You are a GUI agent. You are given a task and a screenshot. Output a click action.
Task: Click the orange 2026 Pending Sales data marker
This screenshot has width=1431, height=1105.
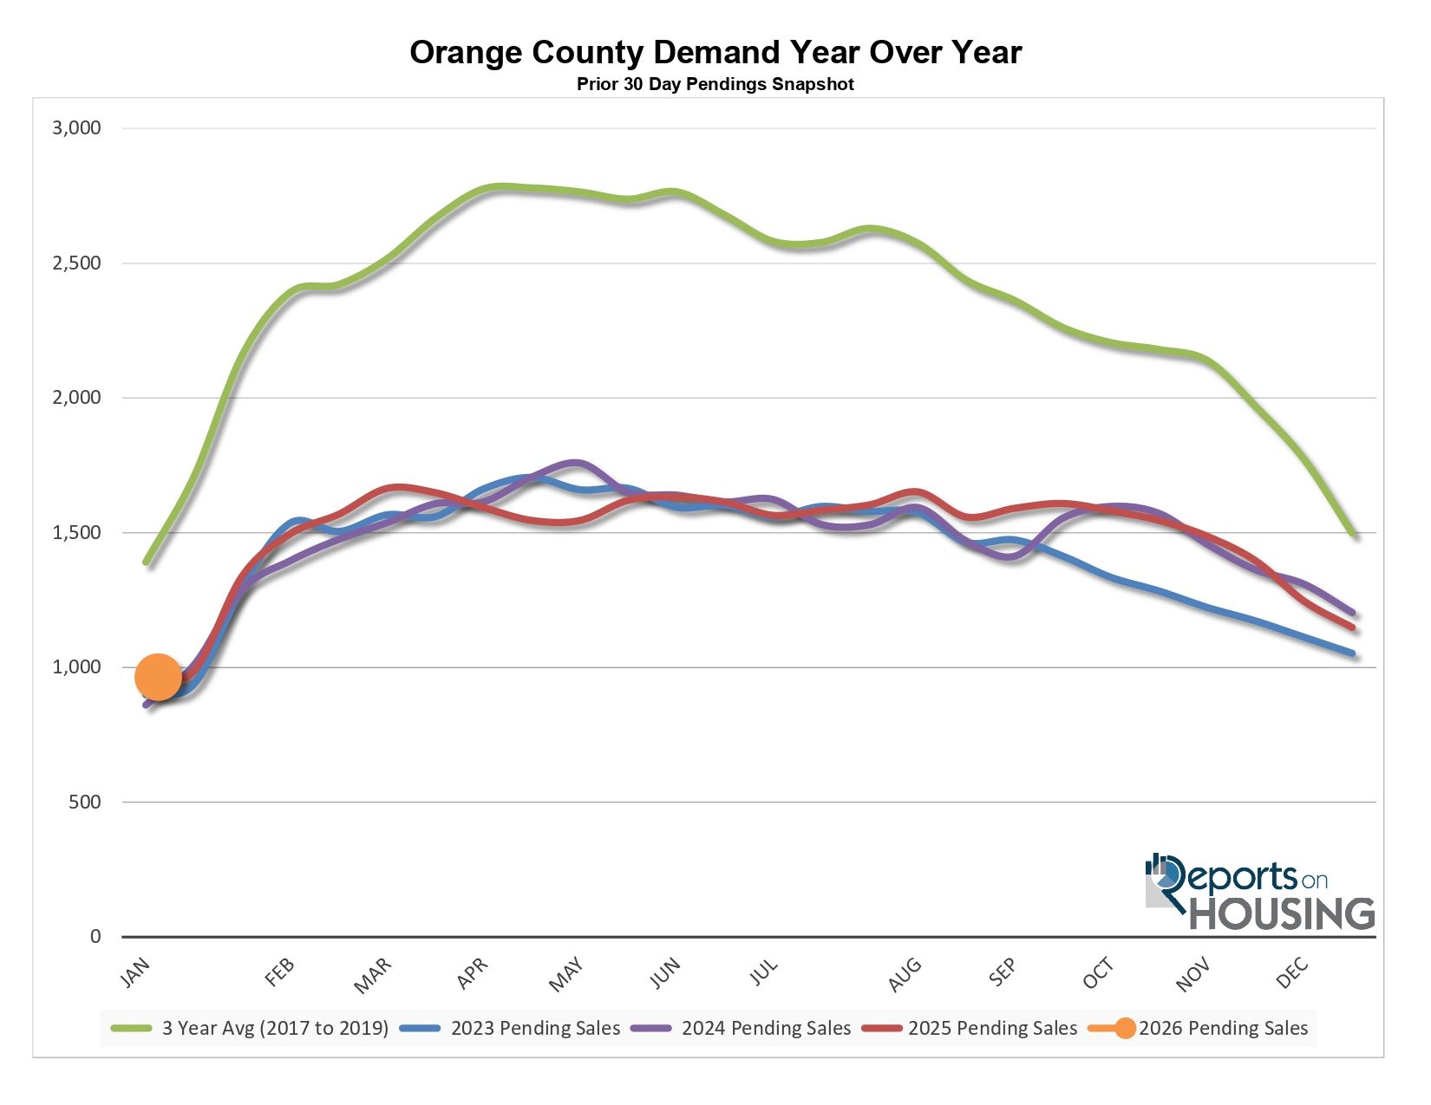[x=158, y=677]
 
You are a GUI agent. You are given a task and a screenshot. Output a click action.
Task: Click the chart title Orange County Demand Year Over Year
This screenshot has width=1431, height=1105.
[x=715, y=53]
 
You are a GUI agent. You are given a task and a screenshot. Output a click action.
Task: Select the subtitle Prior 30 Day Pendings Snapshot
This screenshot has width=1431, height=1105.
[x=715, y=85]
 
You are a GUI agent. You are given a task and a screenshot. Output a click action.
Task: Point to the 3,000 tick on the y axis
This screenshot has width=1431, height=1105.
[x=77, y=128]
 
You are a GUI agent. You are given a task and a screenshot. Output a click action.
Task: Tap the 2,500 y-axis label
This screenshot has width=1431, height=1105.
[x=77, y=263]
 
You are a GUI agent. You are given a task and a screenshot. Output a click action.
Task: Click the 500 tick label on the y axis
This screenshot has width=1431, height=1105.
[x=85, y=803]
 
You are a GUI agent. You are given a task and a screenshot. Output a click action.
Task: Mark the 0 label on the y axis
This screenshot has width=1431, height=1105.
[x=95, y=937]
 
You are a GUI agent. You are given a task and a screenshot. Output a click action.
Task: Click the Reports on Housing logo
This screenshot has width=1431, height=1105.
[x=1259, y=893]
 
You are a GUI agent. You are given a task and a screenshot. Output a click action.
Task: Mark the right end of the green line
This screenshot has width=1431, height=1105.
[x=1352, y=534]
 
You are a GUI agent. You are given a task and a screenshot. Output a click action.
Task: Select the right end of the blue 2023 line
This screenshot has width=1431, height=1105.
[x=1352, y=653]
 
